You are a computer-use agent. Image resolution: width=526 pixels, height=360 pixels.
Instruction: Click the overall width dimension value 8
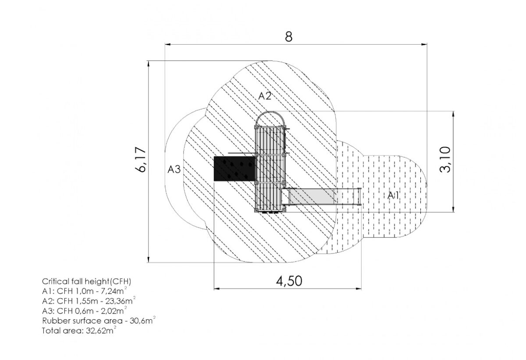(288, 37)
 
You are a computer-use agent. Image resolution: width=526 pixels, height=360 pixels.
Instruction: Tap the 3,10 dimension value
(445, 159)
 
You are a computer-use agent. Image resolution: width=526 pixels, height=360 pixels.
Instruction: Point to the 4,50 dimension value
(289, 281)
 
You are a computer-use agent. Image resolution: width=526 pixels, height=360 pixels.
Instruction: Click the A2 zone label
(265, 96)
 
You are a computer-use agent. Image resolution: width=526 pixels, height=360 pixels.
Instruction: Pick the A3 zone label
(174, 169)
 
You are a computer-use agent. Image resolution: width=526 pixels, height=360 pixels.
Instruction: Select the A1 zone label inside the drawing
(393, 195)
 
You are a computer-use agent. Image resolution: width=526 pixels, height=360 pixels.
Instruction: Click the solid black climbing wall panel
(235, 169)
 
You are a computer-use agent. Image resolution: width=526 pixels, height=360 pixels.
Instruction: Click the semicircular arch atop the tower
(270, 112)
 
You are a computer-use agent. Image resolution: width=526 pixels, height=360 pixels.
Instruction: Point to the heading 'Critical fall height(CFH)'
(87, 281)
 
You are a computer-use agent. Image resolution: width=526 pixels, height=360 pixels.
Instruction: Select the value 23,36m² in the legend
(121, 301)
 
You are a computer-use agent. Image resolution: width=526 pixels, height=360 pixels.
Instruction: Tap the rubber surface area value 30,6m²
(142, 321)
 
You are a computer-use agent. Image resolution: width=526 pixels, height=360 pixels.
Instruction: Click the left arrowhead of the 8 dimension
(167, 44)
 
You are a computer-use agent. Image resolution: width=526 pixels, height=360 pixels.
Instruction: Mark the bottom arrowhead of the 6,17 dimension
(149, 260)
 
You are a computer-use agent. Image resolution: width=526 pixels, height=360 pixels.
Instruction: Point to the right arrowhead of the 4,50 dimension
(359, 289)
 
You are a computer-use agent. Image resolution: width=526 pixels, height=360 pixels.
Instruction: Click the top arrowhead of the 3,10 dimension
(453, 114)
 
